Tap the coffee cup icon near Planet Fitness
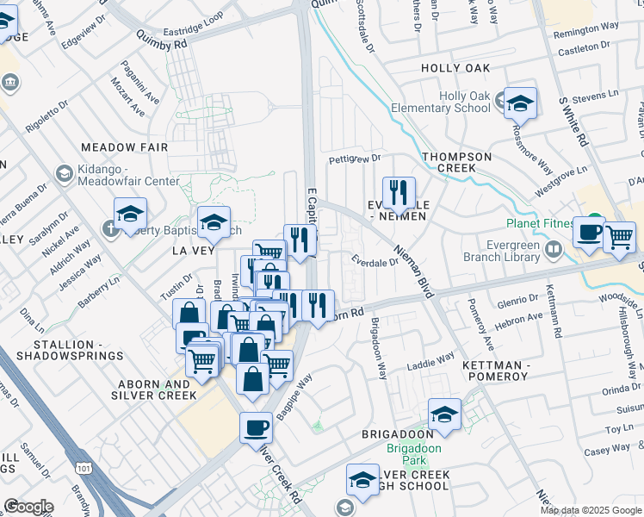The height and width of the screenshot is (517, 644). (x=589, y=234)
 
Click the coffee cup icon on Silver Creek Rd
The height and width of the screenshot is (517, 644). (x=255, y=427)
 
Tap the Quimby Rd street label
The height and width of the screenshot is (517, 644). (x=161, y=39)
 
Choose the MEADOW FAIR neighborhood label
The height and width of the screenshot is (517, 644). (x=124, y=147)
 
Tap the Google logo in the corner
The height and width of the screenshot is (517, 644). (x=28, y=507)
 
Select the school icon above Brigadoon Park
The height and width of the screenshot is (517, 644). (x=444, y=416)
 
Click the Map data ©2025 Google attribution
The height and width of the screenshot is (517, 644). (x=591, y=510)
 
